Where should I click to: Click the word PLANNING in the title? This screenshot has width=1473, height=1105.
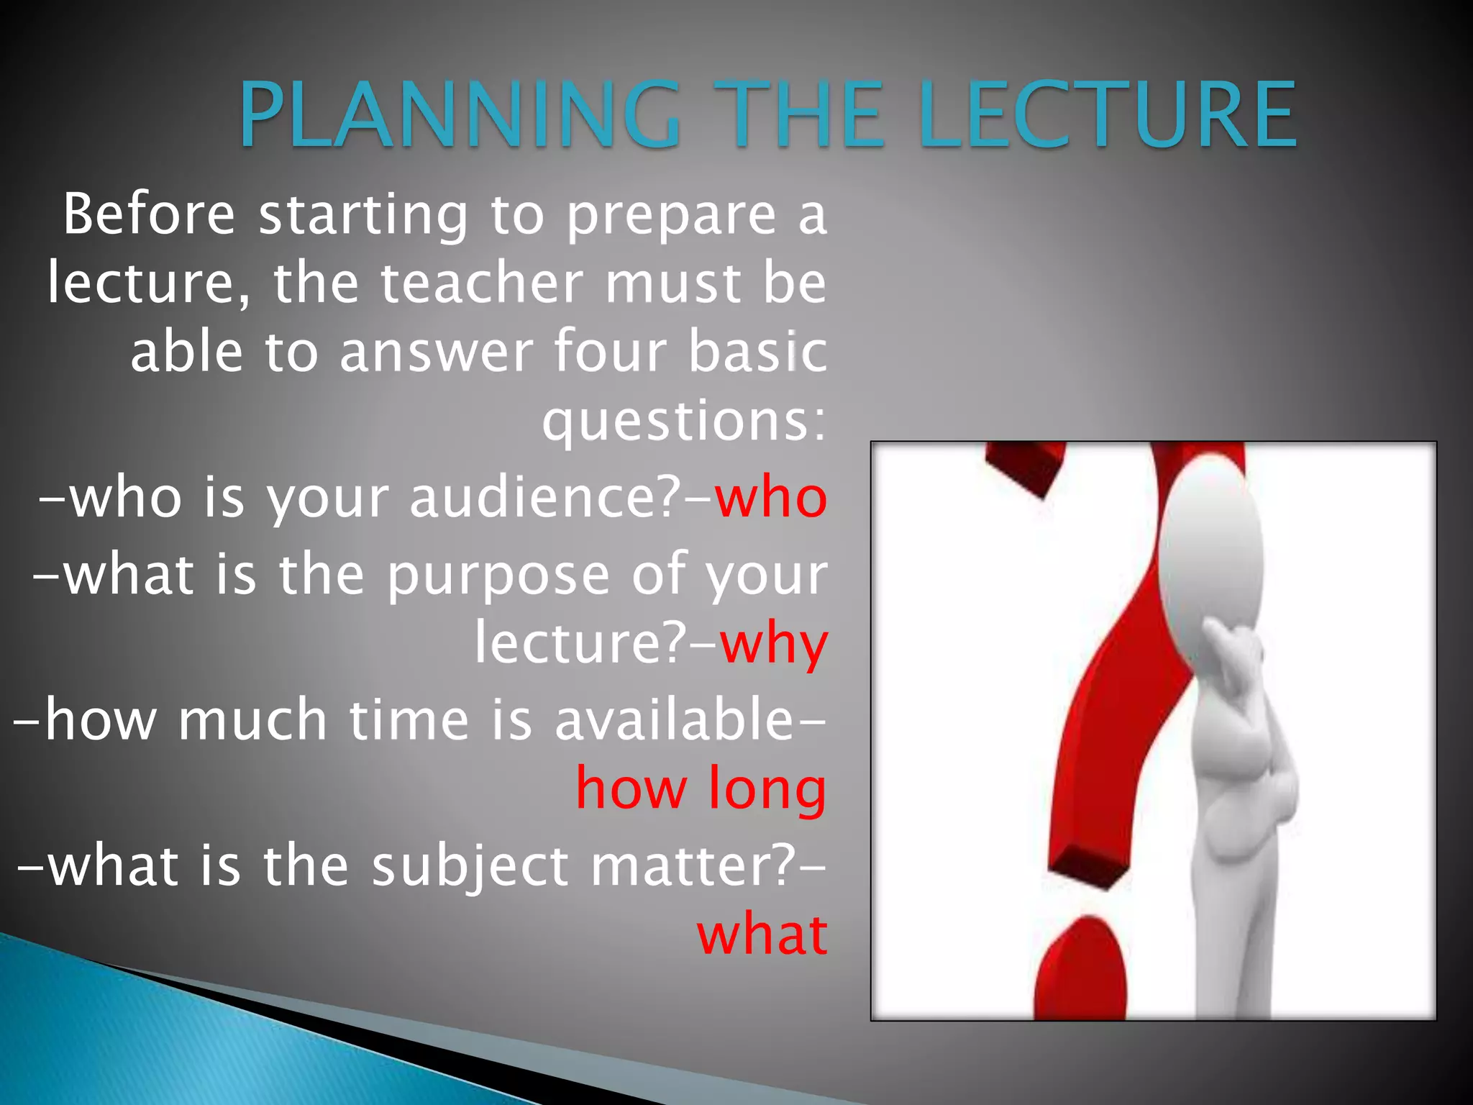point(459,115)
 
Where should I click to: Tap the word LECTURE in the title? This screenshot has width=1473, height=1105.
point(1108,115)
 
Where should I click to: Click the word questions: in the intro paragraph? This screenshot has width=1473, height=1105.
point(684,421)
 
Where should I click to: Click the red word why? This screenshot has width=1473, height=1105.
point(774,645)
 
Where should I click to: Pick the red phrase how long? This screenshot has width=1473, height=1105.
point(701,790)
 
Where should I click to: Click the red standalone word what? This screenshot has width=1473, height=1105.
point(762,935)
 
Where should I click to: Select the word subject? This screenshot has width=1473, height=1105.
point(470,866)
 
